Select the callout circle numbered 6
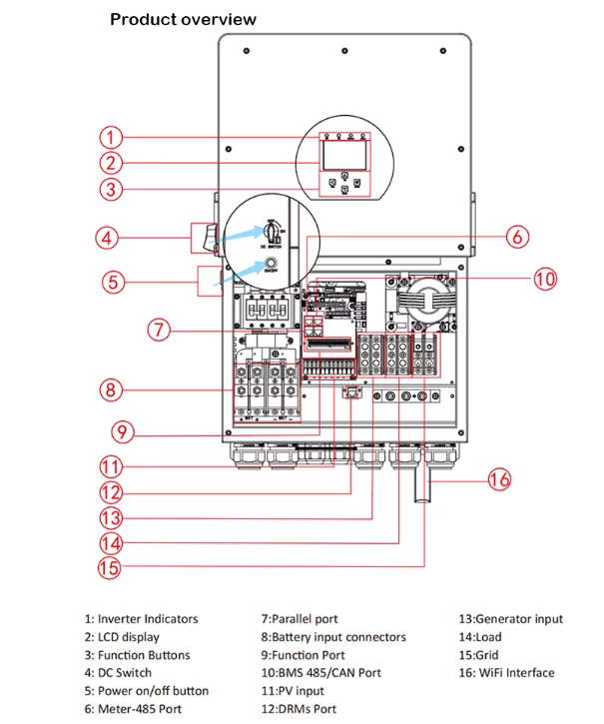(515, 237)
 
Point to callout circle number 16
(498, 479)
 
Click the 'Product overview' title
(183, 19)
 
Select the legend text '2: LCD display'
(122, 637)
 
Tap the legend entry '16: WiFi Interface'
(506, 673)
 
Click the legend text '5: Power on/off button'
(147, 691)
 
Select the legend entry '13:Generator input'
(510, 619)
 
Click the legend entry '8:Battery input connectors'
(333, 637)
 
